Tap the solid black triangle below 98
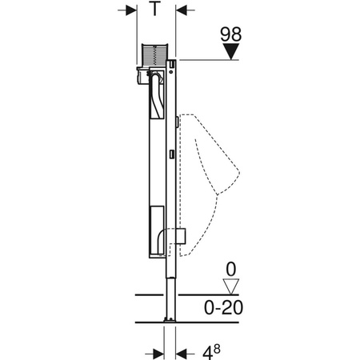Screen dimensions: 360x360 230,54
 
